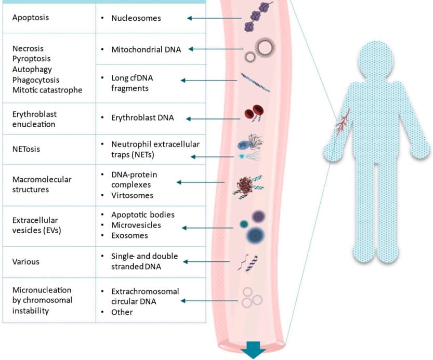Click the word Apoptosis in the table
[x=30, y=18]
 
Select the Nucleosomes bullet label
[x=136, y=18]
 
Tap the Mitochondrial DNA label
[x=146, y=50]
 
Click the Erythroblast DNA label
[x=142, y=118]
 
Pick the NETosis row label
[x=27, y=149]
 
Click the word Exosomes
[x=129, y=236]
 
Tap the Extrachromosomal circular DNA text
[x=145, y=296]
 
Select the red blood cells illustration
[x=253, y=114]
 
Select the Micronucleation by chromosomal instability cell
[x=42, y=300]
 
